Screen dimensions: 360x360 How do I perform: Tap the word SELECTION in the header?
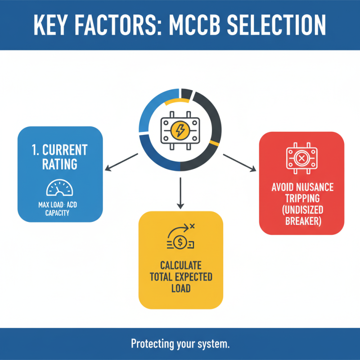(276, 25)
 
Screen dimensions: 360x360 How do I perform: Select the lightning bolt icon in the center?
(180, 130)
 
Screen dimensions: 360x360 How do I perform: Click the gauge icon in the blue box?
(60, 188)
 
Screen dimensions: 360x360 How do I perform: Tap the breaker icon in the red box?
(301, 158)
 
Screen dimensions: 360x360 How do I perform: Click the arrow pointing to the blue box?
(121, 162)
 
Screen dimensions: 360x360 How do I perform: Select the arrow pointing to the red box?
(240, 163)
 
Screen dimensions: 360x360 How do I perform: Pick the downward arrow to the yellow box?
(180, 193)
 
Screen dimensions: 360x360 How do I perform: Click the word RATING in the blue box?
(60, 164)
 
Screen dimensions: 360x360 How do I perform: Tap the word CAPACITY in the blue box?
(57, 213)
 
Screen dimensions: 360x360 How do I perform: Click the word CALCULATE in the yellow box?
(181, 265)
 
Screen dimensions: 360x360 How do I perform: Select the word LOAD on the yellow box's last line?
(181, 288)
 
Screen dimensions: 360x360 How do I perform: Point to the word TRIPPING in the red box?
(302, 198)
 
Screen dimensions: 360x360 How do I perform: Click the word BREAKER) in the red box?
(303, 221)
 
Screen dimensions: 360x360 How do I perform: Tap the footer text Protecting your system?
(180, 344)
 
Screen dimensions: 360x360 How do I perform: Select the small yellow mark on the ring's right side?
(214, 143)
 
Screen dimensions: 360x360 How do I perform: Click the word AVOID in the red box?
(283, 187)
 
